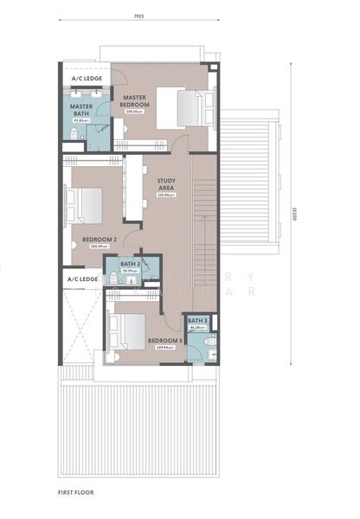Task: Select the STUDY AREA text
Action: click(x=166, y=184)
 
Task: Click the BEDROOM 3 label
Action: click(x=164, y=341)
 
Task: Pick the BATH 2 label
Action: click(x=131, y=263)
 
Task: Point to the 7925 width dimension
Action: click(x=139, y=16)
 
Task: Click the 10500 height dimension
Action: click(x=295, y=214)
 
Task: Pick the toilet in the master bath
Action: click(x=74, y=132)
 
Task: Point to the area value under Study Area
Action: click(x=166, y=195)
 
